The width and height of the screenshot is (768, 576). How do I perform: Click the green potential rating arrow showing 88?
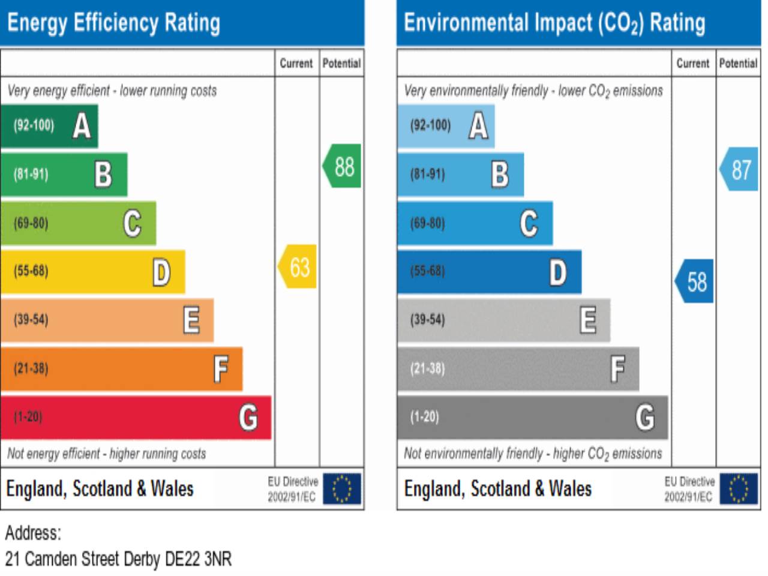pyautogui.click(x=343, y=166)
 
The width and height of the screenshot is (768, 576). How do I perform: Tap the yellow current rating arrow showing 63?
pyautogui.click(x=298, y=267)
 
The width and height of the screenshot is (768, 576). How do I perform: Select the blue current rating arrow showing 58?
pyautogui.click(x=695, y=281)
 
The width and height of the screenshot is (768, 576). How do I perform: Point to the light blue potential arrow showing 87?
pyautogui.click(x=740, y=169)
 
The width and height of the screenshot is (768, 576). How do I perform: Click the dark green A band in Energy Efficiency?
pyautogui.click(x=49, y=126)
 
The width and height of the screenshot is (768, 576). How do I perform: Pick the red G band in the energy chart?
pyautogui.click(x=136, y=417)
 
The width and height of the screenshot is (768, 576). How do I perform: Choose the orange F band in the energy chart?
pyautogui.click(x=121, y=368)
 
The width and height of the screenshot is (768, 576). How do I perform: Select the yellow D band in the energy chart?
pyautogui.click(x=92, y=271)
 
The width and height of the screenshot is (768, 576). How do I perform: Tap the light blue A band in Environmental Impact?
pyautogui.click(x=446, y=126)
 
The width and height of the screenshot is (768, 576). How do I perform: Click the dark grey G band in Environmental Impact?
pyautogui.click(x=532, y=417)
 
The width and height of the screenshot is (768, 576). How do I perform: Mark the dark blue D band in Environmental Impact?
pyautogui.click(x=489, y=271)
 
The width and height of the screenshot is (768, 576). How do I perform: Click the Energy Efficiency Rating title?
pyautogui.click(x=114, y=23)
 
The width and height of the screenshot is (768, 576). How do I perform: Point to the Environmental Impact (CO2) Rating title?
pyautogui.click(x=554, y=23)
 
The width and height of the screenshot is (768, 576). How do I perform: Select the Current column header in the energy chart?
pyautogui.click(x=296, y=63)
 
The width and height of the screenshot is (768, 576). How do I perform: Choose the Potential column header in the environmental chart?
pyautogui.click(x=738, y=63)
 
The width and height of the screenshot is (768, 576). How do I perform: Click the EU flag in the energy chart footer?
pyautogui.click(x=342, y=488)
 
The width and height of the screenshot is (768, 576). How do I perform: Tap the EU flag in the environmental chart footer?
pyautogui.click(x=739, y=488)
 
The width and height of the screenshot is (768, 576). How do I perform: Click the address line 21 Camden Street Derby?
pyautogui.click(x=118, y=559)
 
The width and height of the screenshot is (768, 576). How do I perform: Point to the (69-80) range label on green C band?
pyautogui.click(x=31, y=223)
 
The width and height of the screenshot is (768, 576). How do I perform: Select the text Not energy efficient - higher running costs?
pyautogui.click(x=107, y=454)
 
